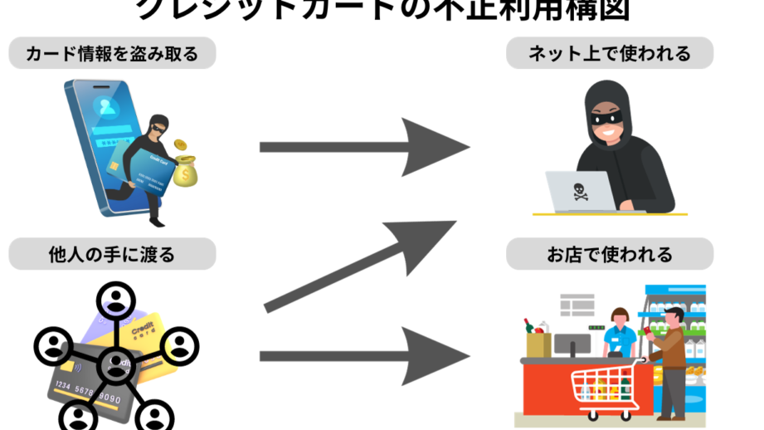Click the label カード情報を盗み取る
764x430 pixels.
click(x=112, y=55)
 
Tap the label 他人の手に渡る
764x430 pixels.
click(x=112, y=254)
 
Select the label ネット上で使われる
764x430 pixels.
click(x=610, y=55)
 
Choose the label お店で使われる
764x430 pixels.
click(x=610, y=254)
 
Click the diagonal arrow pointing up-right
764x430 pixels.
click(x=365, y=265)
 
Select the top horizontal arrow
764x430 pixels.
click(x=365, y=147)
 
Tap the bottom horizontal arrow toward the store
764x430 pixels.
click(x=365, y=356)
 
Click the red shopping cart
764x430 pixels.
click(x=605, y=387)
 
